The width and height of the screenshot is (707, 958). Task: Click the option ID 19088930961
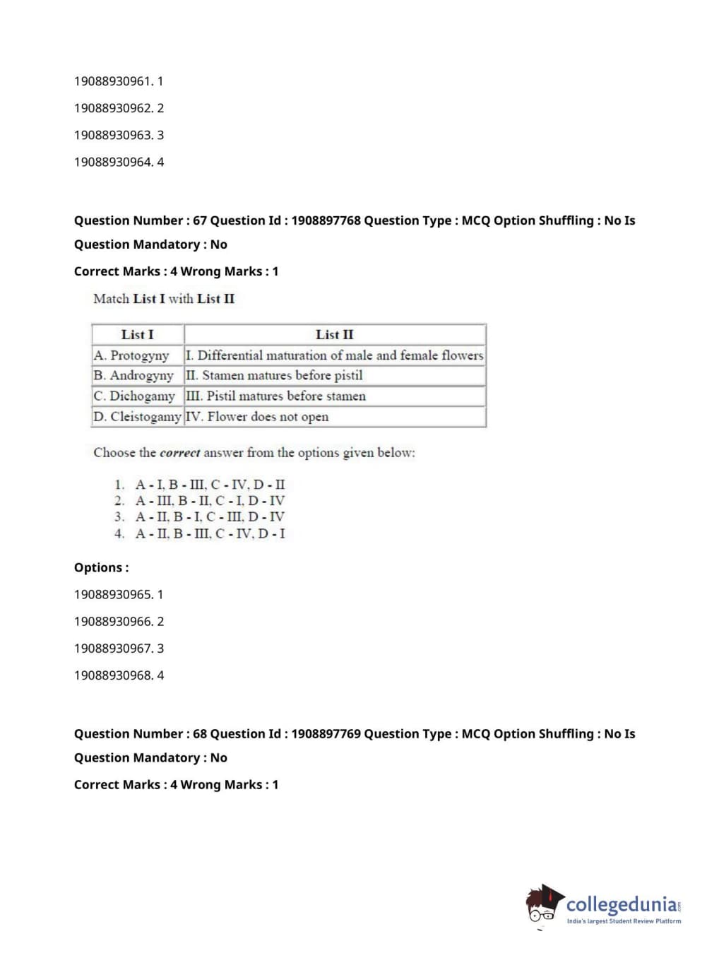[x=112, y=81]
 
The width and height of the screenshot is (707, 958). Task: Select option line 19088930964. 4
[x=119, y=162]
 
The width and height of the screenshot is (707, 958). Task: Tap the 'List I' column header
[x=137, y=335]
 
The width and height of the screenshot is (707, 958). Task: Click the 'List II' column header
[x=334, y=335]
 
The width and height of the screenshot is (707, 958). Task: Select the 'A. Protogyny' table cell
[x=131, y=355]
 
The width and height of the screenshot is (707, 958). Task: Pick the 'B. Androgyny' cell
[x=133, y=376]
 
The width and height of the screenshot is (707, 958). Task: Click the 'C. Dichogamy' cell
[x=134, y=396]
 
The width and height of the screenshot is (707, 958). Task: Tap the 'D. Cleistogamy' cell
[x=137, y=417]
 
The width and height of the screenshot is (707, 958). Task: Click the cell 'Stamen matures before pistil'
[x=283, y=376]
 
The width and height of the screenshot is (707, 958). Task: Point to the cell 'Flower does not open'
[x=268, y=417]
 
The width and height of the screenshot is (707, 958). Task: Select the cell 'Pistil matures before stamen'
[x=286, y=396]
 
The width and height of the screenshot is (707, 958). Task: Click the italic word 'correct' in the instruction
[x=180, y=453]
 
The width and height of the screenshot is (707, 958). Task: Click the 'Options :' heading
[x=101, y=568]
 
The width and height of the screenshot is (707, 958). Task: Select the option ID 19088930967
[x=113, y=649]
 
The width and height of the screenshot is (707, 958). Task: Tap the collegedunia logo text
[x=621, y=904]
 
